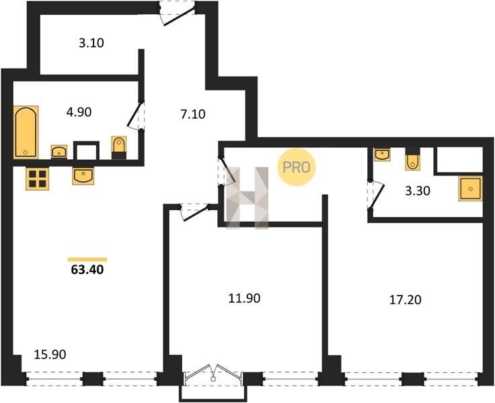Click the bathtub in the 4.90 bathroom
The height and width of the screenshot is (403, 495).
point(26,132)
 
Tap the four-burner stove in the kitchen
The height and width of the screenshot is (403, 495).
point(37,179)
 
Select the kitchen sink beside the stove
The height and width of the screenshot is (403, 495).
point(83,176)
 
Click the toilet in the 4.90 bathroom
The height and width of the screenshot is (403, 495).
point(119,148)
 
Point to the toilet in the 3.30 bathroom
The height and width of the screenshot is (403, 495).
point(412,159)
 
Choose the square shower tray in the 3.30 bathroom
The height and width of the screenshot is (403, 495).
point(470,189)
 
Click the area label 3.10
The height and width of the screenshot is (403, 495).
point(91,43)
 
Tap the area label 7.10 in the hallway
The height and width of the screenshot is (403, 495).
point(193,114)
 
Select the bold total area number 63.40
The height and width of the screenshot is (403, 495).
point(87,269)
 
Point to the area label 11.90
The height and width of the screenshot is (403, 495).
point(244,298)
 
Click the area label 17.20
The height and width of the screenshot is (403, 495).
point(406,300)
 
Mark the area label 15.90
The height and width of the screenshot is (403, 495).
point(50,355)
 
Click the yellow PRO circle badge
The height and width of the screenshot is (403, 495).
point(297,167)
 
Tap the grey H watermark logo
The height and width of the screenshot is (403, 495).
point(247,197)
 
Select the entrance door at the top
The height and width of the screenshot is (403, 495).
point(177,13)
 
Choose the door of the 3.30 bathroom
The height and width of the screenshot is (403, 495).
point(376,195)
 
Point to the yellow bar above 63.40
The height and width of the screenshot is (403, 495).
point(87,259)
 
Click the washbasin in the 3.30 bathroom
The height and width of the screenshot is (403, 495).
point(382,154)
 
